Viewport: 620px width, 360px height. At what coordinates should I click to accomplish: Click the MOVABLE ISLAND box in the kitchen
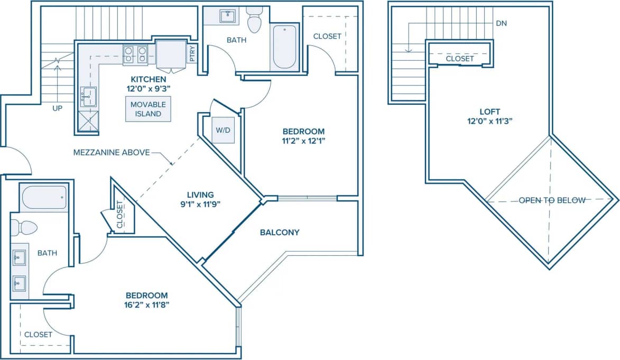tap(149, 109)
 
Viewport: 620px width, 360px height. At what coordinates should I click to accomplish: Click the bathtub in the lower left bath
tap(44, 198)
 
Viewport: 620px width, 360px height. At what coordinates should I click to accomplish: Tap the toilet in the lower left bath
tap(23, 228)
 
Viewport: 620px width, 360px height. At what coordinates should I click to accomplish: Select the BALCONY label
tap(280, 232)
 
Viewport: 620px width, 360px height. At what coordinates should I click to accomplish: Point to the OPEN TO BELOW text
tap(552, 200)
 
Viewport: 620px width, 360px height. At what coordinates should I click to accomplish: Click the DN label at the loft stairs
tap(502, 24)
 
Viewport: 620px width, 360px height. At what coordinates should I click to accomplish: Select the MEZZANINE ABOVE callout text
tap(112, 153)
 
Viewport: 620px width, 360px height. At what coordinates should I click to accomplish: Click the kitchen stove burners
tap(135, 54)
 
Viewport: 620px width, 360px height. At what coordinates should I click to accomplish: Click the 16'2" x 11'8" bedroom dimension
tap(146, 304)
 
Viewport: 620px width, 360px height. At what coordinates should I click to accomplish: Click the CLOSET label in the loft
tap(459, 59)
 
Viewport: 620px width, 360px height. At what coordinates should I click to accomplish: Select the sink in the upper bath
tap(229, 16)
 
